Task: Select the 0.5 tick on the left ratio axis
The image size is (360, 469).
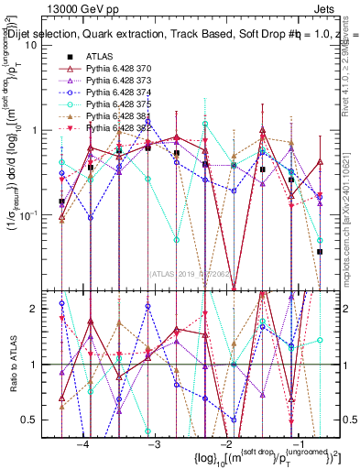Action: click(x=39, y=420)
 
